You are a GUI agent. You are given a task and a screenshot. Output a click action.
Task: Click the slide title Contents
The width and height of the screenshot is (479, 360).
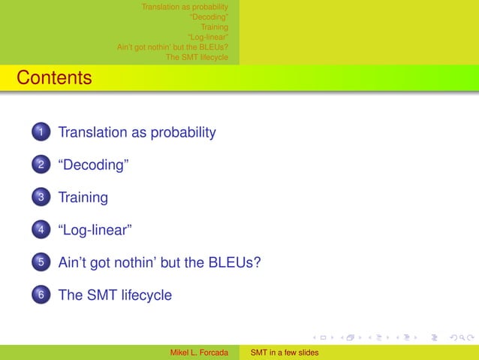point(54,77)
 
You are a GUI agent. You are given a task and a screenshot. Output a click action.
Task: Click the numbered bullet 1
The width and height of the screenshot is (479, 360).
point(41,133)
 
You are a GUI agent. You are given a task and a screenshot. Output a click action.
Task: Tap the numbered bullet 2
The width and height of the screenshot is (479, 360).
point(41,166)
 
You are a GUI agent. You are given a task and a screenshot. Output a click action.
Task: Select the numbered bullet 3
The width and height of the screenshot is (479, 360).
point(41,198)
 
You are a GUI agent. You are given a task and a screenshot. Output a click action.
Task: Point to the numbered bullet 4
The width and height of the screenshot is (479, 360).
point(41,231)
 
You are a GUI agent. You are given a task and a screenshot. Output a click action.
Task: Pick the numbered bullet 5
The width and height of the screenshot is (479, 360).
point(41,263)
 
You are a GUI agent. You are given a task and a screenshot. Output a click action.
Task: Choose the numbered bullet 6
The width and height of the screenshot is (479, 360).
point(41,295)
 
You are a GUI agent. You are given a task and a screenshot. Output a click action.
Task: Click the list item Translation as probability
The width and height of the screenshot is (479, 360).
point(137,133)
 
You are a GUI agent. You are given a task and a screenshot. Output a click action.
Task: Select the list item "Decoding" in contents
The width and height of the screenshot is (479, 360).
point(94,165)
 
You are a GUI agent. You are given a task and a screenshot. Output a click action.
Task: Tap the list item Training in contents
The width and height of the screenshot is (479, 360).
point(83,198)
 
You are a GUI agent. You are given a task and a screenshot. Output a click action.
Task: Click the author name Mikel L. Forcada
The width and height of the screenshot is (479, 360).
point(200,352)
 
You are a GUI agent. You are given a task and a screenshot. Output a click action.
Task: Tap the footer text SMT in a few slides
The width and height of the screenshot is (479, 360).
point(285,352)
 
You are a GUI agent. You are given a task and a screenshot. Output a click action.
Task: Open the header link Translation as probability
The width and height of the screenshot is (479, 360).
point(185,8)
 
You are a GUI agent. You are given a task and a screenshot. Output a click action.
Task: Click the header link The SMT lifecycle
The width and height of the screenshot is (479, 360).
point(197,56)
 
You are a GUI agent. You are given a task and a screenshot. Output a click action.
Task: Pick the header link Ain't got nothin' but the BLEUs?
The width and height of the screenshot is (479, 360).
point(173,47)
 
